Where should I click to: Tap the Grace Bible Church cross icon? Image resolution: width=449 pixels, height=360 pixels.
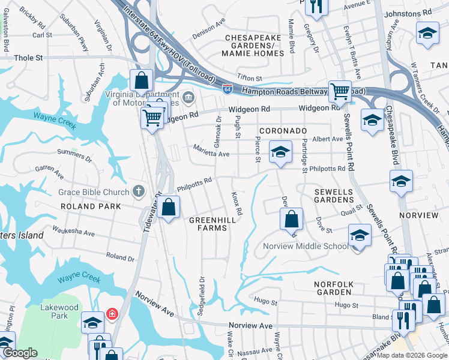[x=139, y=192]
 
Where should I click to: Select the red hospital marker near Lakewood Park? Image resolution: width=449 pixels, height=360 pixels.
[x=112, y=314]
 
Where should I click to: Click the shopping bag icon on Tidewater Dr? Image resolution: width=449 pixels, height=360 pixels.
[x=169, y=208]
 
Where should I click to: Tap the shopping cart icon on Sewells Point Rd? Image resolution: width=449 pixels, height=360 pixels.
[x=340, y=92]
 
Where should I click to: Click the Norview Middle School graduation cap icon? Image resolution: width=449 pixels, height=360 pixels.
[x=360, y=235]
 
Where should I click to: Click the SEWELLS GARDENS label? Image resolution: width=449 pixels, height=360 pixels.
[x=337, y=196]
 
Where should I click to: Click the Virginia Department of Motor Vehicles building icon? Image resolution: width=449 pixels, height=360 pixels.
[x=187, y=97]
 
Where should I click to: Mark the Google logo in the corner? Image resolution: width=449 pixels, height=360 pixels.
[x=20, y=353]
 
